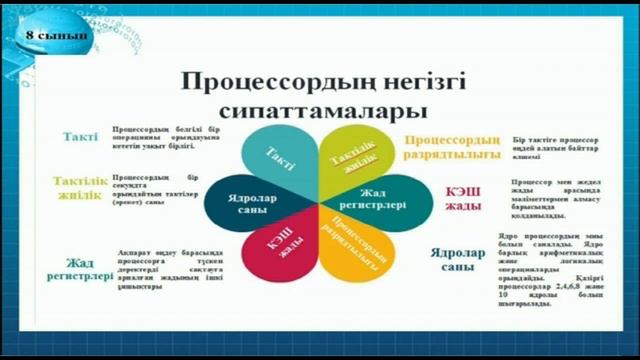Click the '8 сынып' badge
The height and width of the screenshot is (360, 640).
pyautogui.click(x=56, y=36)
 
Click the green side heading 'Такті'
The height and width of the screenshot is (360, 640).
pyautogui.click(x=80, y=137)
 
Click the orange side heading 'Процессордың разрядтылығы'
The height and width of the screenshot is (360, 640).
pyautogui.click(x=451, y=146)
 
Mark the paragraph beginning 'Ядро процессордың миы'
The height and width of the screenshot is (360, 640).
pyautogui.click(x=547, y=269)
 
